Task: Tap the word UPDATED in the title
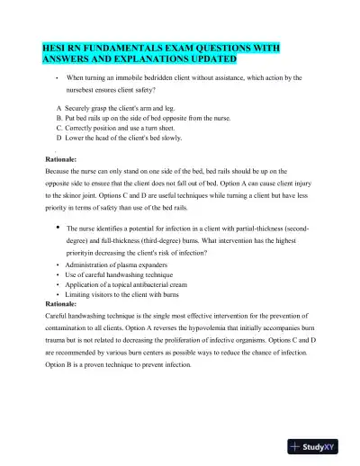[212, 59]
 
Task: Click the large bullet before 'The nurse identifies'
[58, 228]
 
